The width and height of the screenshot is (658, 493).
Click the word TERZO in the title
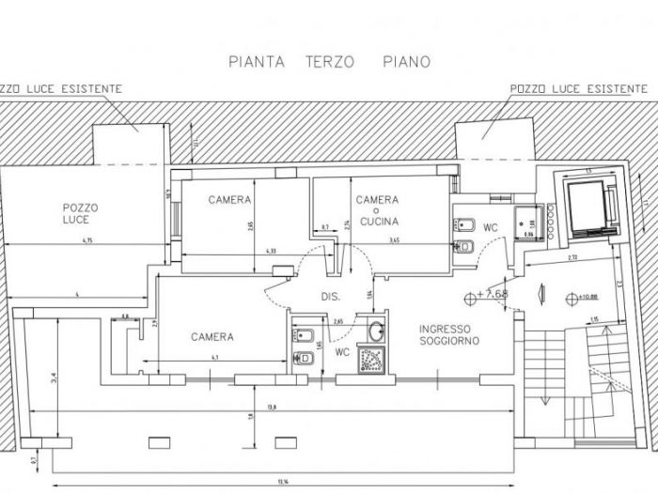pyautogui.click(x=329, y=62)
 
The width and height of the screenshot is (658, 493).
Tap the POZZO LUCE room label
pyautogui.click(x=81, y=213)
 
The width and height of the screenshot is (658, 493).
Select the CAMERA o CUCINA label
pyautogui.click(x=377, y=210)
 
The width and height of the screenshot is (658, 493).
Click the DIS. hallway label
pyautogui.click(x=329, y=296)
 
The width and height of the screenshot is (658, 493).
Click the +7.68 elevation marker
pyautogui.click(x=492, y=294)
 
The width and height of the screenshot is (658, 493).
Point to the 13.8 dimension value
pyautogui.click(x=273, y=407)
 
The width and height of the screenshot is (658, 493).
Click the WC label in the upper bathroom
pyautogui.click(x=490, y=227)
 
